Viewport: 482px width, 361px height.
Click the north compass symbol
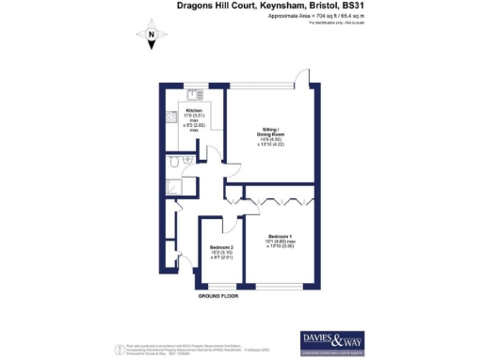(151, 37)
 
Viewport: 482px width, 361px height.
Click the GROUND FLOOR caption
(217, 296)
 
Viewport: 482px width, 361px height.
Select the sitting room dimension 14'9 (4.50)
(268, 140)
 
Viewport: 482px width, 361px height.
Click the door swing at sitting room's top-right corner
(304, 78)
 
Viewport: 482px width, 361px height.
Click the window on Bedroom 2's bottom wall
(219, 287)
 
